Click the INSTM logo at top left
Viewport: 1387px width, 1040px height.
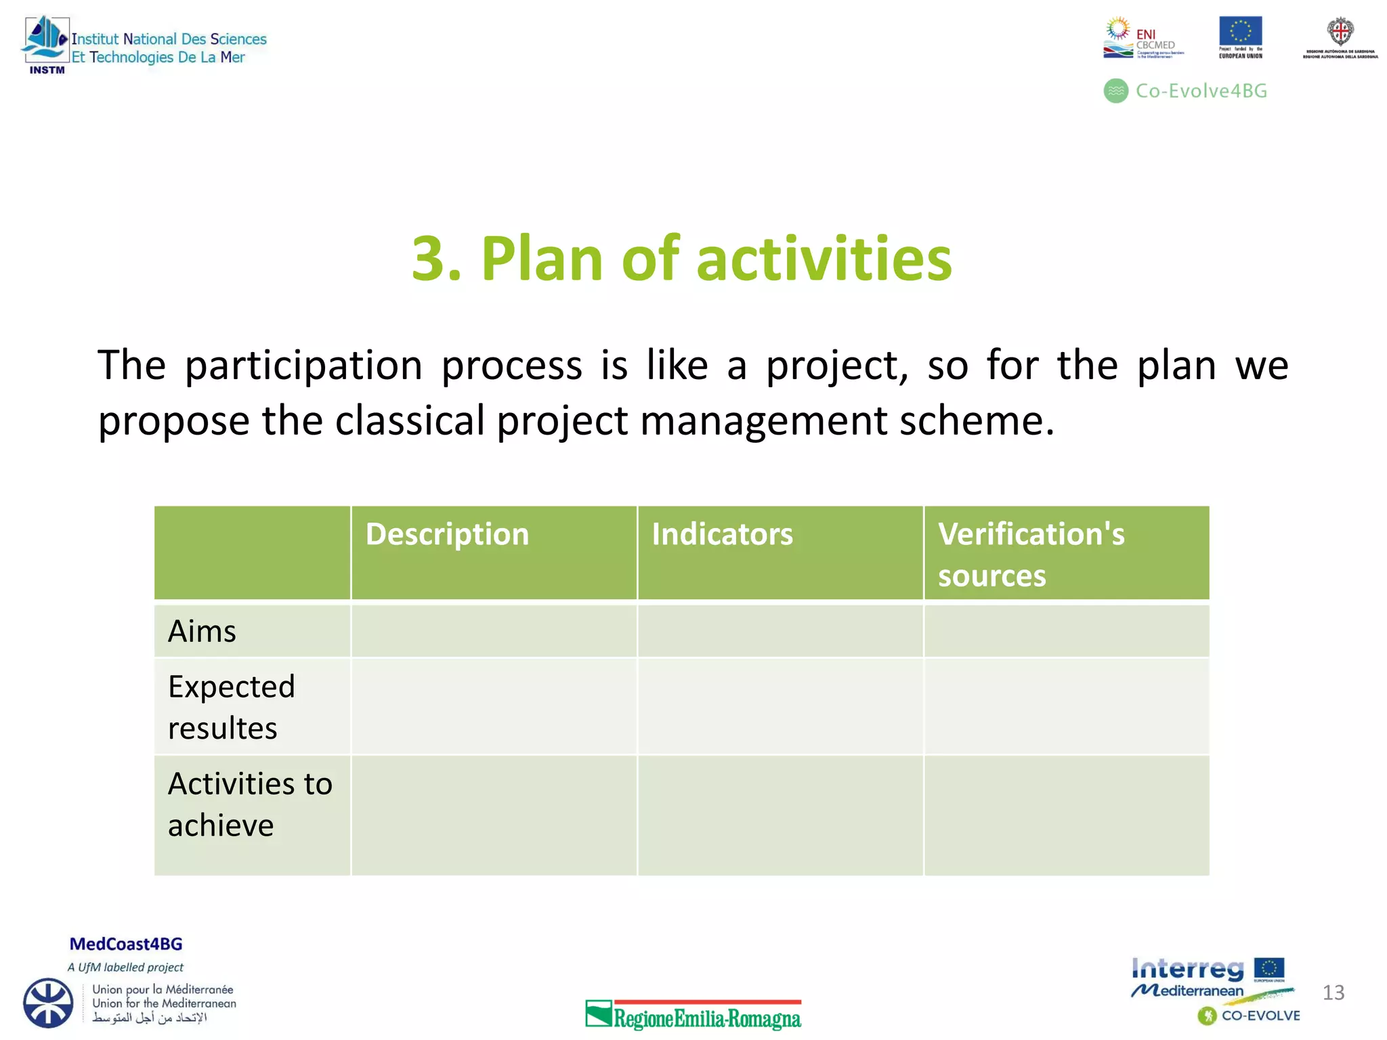(46, 45)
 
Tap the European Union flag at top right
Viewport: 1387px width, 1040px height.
(1240, 32)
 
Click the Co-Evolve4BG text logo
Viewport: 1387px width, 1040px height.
(1187, 91)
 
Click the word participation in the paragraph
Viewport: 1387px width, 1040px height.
(303, 366)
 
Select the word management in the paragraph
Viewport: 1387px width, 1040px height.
(763, 420)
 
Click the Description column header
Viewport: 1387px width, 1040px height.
(447, 534)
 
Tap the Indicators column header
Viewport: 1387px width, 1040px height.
(722, 534)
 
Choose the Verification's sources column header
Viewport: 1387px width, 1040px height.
(1031, 554)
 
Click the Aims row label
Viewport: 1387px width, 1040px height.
(202, 631)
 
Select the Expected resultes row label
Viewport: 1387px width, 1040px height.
(231, 707)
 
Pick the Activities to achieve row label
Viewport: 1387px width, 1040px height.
(249, 804)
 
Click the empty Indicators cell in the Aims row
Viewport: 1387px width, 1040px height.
(780, 631)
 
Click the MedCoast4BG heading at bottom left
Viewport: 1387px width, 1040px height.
(126, 944)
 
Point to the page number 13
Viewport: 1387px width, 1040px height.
(1333, 993)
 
